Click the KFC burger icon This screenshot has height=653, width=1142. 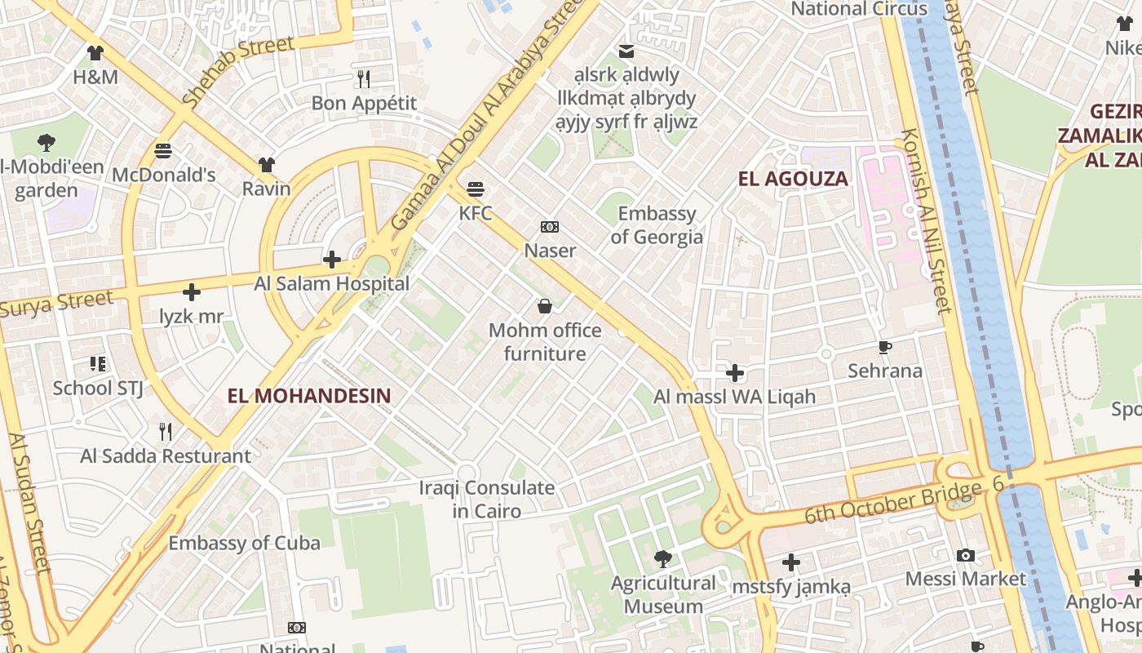click(476, 190)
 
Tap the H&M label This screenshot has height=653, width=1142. click(95, 78)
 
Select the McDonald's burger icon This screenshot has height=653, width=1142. click(163, 151)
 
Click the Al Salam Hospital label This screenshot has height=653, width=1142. click(332, 284)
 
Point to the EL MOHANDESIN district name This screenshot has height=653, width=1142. click(309, 396)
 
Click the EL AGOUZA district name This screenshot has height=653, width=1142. click(793, 179)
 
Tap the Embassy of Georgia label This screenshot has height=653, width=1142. click(657, 225)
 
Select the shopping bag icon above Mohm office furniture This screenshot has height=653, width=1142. click(545, 306)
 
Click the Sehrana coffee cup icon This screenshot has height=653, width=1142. click(885, 348)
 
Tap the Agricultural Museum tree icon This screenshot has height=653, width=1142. click(663, 559)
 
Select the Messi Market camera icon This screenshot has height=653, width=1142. click(966, 556)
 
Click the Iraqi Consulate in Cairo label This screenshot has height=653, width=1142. click(487, 500)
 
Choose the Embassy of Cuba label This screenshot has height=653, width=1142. click(244, 543)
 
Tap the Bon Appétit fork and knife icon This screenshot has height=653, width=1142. click(364, 79)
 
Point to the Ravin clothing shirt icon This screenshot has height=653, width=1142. click(267, 165)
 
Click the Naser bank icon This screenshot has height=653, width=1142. click(550, 227)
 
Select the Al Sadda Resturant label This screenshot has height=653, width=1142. click(166, 456)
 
